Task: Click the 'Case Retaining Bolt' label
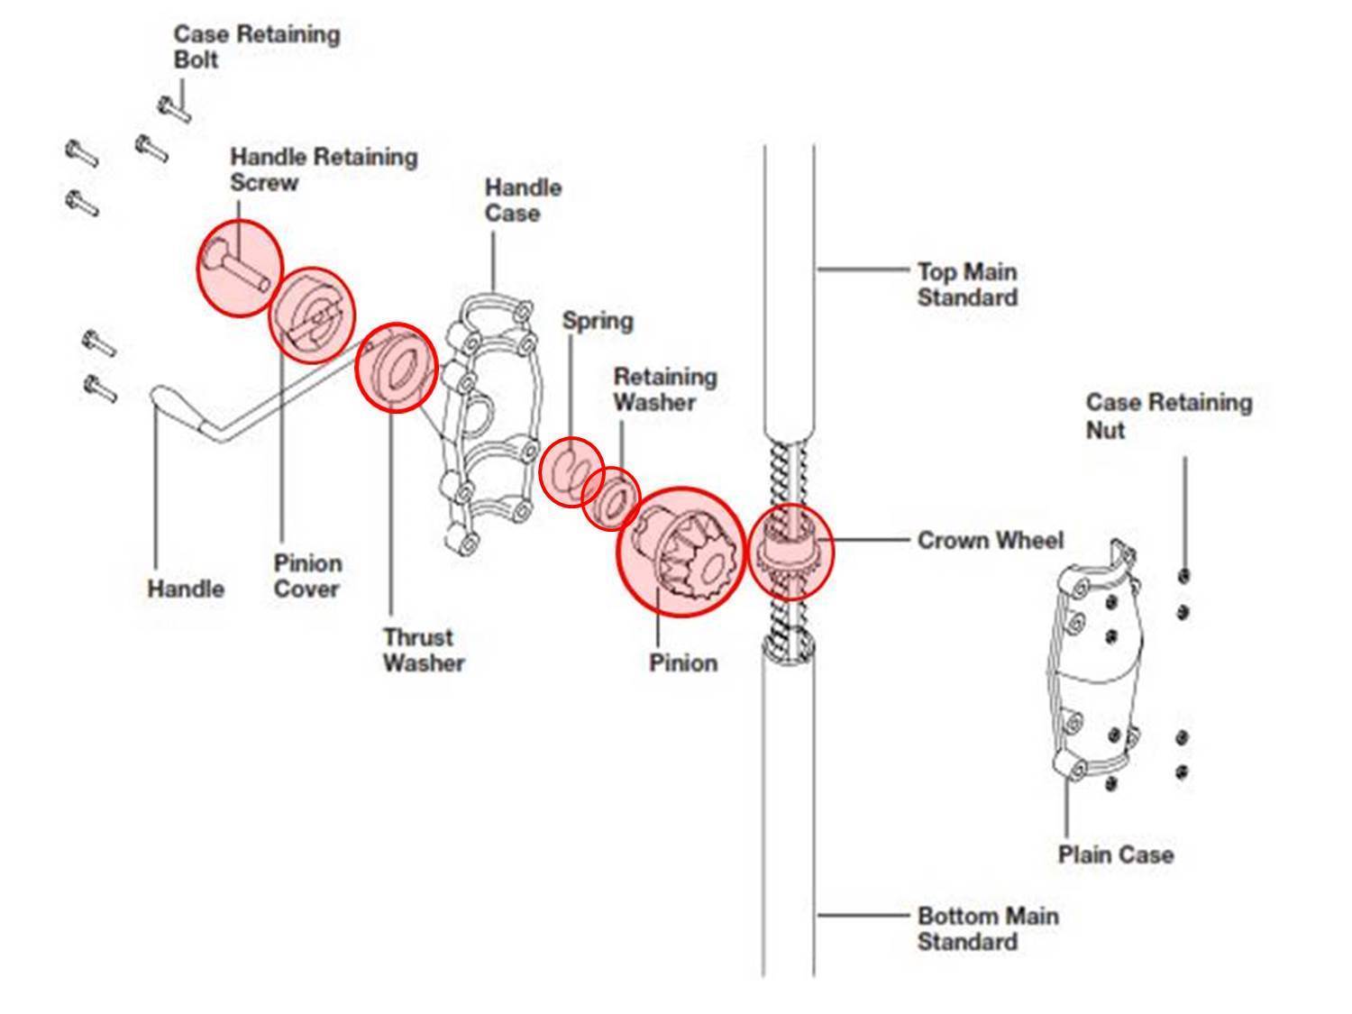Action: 256,47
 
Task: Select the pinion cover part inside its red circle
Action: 312,315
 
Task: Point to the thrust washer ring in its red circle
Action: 396,367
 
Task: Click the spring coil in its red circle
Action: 571,471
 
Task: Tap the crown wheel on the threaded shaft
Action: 790,551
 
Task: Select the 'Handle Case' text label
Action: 523,200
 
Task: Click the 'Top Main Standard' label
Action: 966,284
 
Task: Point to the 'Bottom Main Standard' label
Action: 987,928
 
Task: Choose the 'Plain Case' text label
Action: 1115,854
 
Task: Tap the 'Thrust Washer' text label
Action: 423,649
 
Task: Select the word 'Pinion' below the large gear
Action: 683,662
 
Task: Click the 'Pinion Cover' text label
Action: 307,576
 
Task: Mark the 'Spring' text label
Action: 597,320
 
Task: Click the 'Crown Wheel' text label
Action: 990,540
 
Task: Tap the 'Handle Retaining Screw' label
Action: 323,169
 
